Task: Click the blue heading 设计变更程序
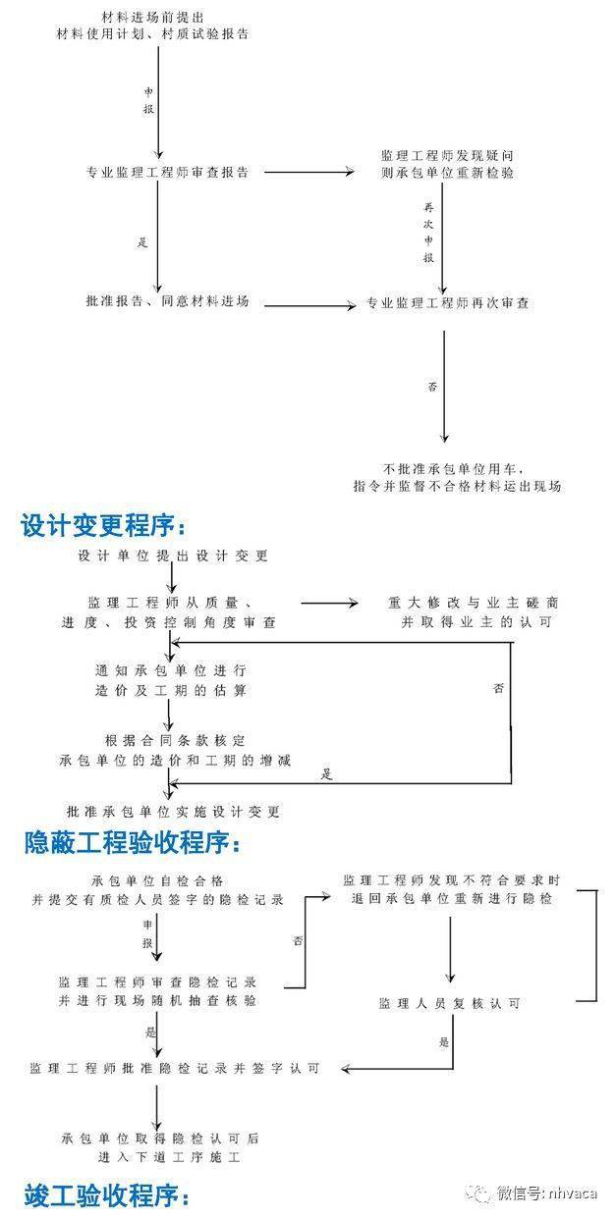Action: coord(103,525)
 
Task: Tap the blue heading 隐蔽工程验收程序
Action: coord(132,842)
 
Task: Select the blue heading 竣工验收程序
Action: coord(106,1195)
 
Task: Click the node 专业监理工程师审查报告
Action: coord(167,173)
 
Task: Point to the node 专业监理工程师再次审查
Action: coord(448,303)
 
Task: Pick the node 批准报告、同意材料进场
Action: coord(167,301)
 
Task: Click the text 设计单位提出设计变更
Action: coord(173,556)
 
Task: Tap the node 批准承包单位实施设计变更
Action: coord(173,812)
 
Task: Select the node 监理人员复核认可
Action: coord(450,1003)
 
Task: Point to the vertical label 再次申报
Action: coord(429,232)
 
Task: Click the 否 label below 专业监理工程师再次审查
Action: coord(432,387)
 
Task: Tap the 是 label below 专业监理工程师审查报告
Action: coord(142,241)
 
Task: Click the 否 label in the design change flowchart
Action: coord(498,688)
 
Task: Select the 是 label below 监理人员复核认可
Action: coord(444,1042)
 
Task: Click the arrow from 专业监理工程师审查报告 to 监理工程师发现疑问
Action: coord(309,172)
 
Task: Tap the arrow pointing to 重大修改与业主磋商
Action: coord(329,603)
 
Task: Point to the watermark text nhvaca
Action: coord(573,1193)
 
